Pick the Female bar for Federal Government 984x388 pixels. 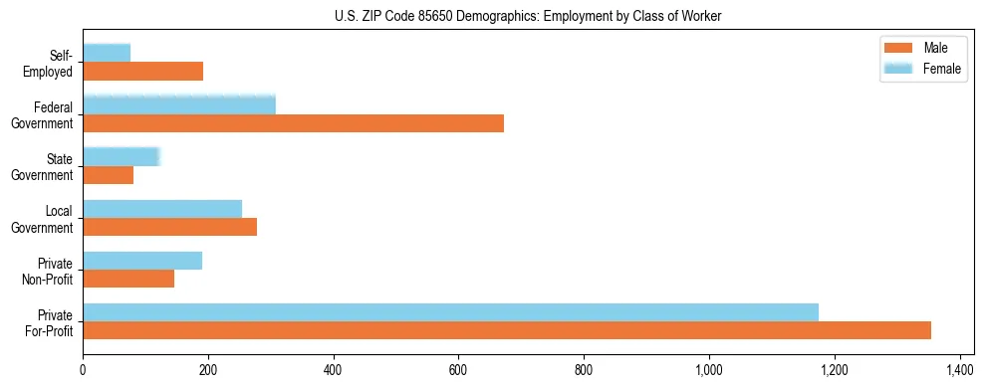179,105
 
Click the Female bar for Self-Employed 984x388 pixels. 107,53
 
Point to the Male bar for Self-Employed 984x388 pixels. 142,72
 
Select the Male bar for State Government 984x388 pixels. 108,175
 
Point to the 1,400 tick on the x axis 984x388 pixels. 959,370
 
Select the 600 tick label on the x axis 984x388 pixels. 458,370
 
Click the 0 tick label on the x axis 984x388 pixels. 83,370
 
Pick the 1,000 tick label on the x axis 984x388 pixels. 709,370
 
